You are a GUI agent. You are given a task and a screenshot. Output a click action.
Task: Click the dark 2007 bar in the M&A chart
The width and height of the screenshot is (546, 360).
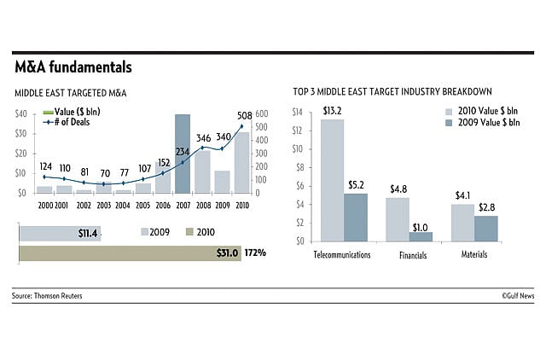(x=182, y=154)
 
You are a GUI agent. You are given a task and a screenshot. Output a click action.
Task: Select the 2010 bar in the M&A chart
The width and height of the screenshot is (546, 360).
(x=241, y=163)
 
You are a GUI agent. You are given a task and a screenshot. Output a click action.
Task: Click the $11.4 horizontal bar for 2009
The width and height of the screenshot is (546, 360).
(x=60, y=233)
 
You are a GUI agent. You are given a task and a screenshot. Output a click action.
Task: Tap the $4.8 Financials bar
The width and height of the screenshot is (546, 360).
(x=398, y=219)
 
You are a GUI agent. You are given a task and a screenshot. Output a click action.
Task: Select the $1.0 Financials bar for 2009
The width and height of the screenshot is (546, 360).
(x=421, y=236)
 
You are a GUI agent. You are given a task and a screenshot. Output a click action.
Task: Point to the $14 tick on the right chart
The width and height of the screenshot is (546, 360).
(x=298, y=113)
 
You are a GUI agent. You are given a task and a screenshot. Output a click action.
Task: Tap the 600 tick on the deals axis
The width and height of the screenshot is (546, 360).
(x=262, y=113)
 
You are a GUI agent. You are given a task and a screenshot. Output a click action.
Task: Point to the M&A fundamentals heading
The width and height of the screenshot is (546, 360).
(x=73, y=67)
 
